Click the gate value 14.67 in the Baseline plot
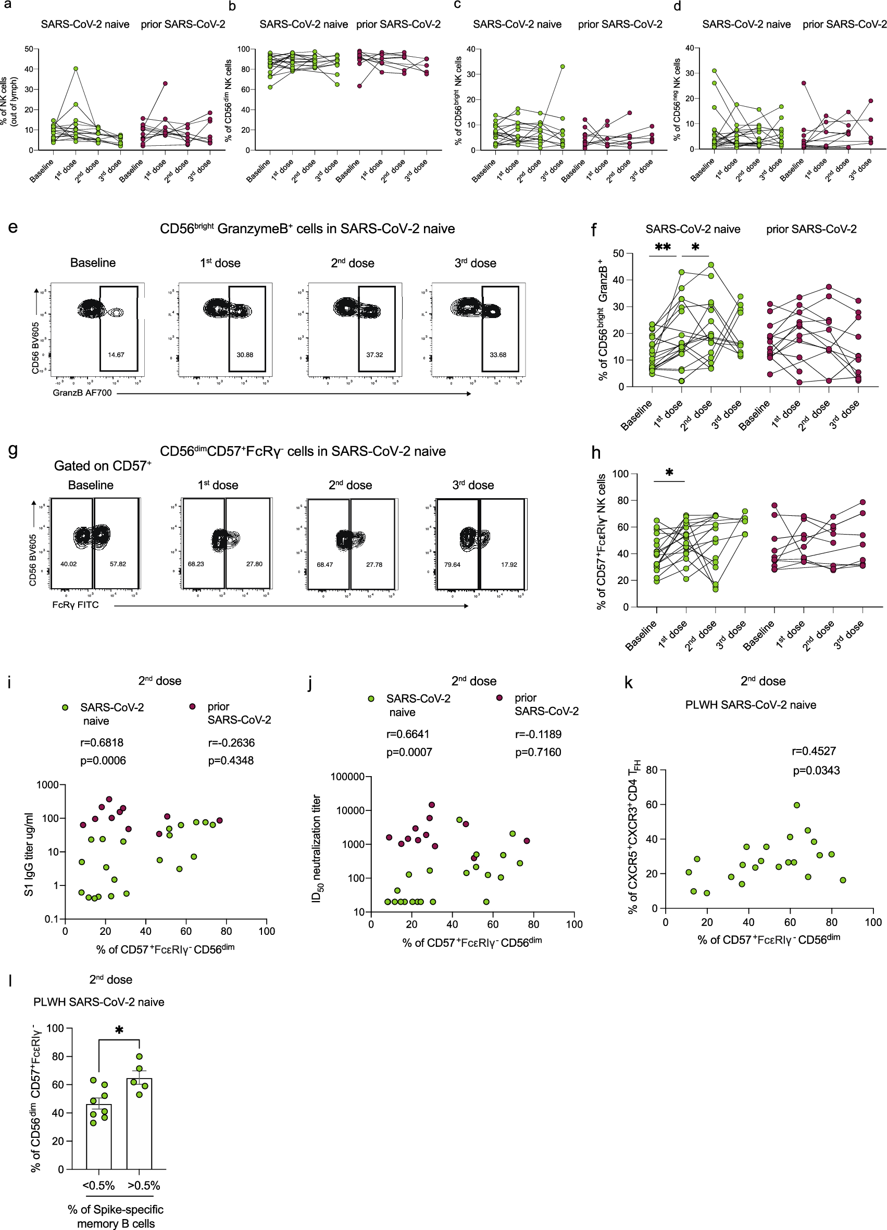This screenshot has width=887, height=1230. (x=116, y=354)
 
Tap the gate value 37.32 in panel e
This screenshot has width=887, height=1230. (x=374, y=354)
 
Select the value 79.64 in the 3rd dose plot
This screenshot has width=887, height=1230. (x=452, y=565)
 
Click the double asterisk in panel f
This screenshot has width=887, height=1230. (x=663, y=247)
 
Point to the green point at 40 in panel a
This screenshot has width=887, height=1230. (x=76, y=69)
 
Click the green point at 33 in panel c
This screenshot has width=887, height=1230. (x=563, y=67)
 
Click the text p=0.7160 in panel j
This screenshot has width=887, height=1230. (x=538, y=752)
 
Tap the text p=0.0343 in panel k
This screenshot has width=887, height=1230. (x=816, y=771)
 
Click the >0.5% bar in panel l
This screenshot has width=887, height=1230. (x=140, y=1123)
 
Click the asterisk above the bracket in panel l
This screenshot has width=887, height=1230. (x=119, y=1031)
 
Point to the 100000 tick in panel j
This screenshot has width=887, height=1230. (x=347, y=777)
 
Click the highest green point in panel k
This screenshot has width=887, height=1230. (x=796, y=805)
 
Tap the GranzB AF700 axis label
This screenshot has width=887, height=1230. (x=82, y=392)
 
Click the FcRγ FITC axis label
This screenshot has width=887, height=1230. (x=76, y=605)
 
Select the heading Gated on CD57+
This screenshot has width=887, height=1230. (x=103, y=466)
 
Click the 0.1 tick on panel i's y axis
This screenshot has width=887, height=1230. (x=52, y=919)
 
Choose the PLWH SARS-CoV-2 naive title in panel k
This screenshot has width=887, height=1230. (x=751, y=705)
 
